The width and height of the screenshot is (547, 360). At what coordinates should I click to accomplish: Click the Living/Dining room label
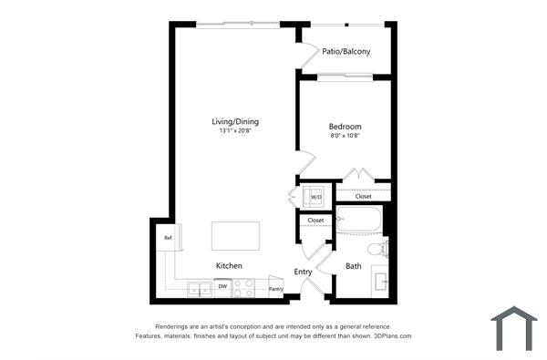click(235, 121)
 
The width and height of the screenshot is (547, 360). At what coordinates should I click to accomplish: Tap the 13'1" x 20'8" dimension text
click(235, 132)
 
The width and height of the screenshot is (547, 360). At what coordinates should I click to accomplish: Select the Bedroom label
click(346, 126)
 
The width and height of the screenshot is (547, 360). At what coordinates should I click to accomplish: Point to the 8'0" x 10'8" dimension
click(346, 136)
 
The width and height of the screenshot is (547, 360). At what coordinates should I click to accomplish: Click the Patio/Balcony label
click(346, 52)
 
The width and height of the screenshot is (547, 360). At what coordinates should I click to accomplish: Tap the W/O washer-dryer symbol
click(315, 197)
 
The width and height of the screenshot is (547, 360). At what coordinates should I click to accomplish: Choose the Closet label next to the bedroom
click(363, 196)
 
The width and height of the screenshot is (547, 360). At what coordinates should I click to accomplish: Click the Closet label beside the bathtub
click(315, 220)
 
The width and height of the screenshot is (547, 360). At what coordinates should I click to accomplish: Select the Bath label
click(354, 266)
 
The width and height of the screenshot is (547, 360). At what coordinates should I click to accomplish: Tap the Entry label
click(304, 272)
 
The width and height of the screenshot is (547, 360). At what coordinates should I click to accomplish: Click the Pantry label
click(275, 289)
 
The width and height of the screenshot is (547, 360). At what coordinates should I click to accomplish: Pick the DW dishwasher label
click(222, 286)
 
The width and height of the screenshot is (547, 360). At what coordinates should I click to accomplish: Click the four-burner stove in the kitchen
click(244, 288)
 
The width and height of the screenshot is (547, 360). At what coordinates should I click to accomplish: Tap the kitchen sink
click(200, 289)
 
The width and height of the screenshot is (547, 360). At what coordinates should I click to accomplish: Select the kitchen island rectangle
click(235, 236)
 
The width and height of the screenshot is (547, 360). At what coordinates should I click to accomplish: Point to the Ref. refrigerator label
click(169, 239)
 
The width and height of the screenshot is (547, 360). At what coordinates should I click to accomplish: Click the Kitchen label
click(229, 265)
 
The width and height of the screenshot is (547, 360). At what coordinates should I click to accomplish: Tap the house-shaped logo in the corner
click(513, 329)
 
